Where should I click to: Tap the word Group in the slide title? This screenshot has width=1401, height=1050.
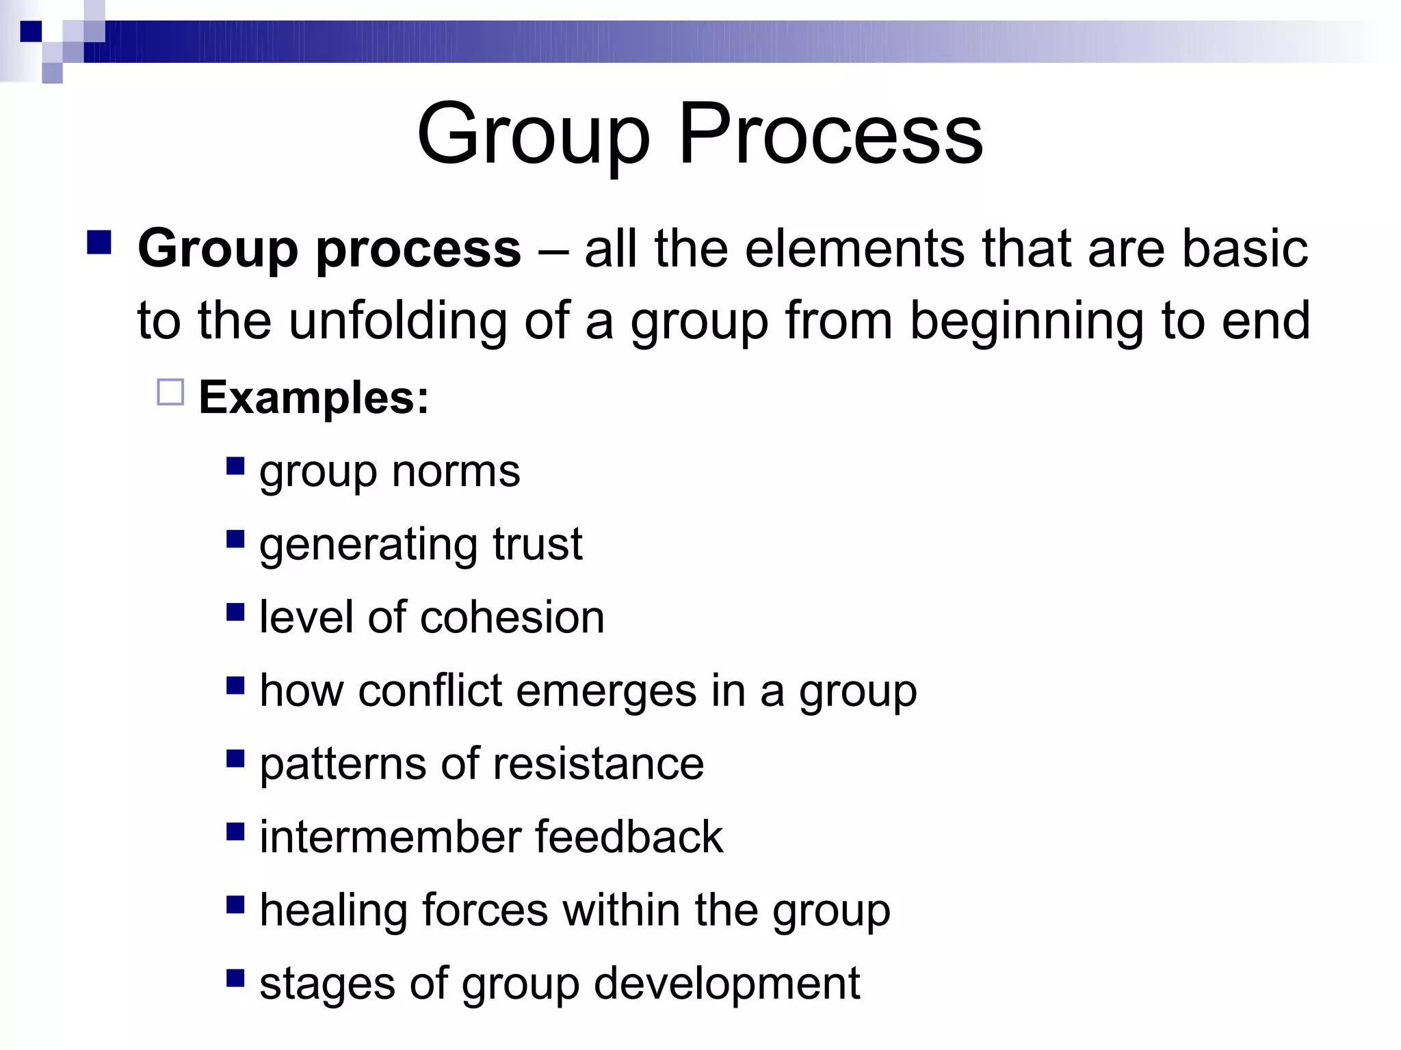(533, 135)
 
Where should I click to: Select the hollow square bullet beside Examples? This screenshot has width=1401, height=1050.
(170, 392)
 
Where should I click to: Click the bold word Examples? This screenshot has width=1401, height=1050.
(313, 398)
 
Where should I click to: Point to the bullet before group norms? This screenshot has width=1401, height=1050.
(235, 466)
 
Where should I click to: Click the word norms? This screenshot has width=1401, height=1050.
(456, 472)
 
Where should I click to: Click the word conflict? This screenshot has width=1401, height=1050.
(430, 690)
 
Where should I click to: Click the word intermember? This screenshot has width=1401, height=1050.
(390, 837)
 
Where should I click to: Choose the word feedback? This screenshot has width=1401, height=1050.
(629, 837)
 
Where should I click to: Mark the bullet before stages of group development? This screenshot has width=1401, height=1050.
(235, 978)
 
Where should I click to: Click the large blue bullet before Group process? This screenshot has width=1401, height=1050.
(100, 243)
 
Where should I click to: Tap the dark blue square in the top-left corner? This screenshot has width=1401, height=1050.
(31, 31)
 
